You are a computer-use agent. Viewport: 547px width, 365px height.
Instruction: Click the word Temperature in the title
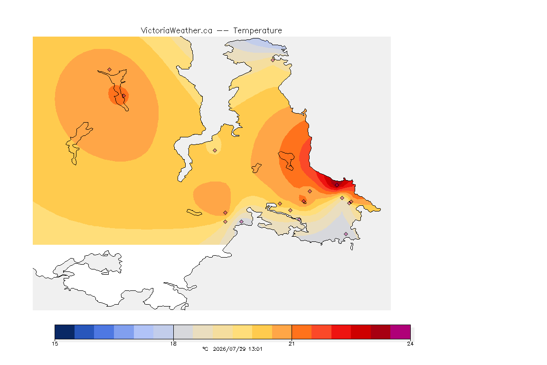[257, 31]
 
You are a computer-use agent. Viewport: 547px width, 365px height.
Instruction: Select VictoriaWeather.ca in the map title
[177, 31]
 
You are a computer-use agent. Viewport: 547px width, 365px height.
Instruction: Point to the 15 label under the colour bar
[55, 344]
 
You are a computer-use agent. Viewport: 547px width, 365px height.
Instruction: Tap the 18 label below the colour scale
[173, 344]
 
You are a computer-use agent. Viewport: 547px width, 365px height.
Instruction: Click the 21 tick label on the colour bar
[292, 344]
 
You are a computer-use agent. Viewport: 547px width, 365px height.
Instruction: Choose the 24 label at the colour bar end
[410, 344]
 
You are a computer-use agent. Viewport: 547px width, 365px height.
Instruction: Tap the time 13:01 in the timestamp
[255, 349]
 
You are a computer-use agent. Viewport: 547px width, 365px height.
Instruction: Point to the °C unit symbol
[205, 349]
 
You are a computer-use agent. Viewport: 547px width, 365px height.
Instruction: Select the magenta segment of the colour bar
[400, 332]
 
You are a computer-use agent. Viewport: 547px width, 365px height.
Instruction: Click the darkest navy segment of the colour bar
[65, 332]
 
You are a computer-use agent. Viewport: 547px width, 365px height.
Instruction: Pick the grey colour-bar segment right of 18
[183, 332]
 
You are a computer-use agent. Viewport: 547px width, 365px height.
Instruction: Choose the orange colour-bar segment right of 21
[302, 332]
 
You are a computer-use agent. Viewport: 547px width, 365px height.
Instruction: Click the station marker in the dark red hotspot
[337, 185]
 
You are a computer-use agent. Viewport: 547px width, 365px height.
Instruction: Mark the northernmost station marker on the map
[273, 60]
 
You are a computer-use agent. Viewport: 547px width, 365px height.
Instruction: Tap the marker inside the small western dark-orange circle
[123, 96]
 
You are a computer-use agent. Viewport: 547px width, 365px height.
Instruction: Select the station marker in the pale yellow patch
[215, 151]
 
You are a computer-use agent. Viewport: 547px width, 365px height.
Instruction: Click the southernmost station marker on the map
[346, 234]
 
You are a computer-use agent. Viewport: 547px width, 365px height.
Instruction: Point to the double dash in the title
[223, 31]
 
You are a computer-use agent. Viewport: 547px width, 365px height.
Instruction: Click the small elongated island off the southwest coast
[194, 212]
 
